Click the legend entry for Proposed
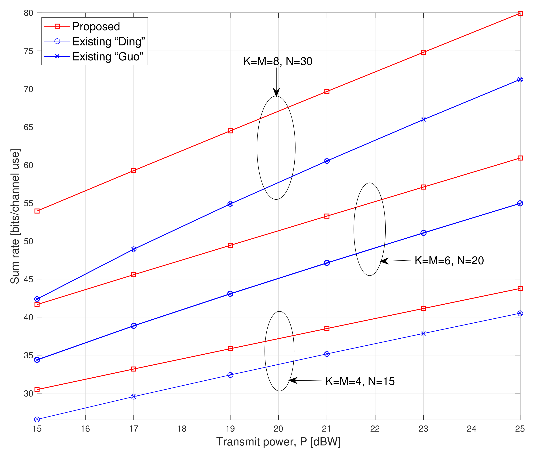(x=96, y=26)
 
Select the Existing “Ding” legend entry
(x=108, y=41)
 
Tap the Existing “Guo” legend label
(x=107, y=56)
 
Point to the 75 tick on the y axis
(x=29, y=51)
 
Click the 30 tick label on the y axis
(x=29, y=394)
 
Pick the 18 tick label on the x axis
(x=182, y=429)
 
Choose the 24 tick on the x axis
(x=471, y=429)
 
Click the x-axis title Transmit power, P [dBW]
(x=278, y=442)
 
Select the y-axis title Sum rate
(x=15, y=216)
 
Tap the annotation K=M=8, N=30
(x=278, y=61)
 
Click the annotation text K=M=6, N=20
(x=449, y=261)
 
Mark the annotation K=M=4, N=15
(x=360, y=381)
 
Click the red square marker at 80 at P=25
(x=520, y=13)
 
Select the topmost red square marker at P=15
(x=37, y=211)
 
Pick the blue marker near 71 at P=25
(x=520, y=79)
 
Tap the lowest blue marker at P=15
(x=37, y=420)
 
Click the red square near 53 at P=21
(x=327, y=216)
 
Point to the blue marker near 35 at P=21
(x=327, y=354)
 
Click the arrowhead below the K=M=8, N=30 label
(x=276, y=93)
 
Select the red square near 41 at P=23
(x=423, y=309)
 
